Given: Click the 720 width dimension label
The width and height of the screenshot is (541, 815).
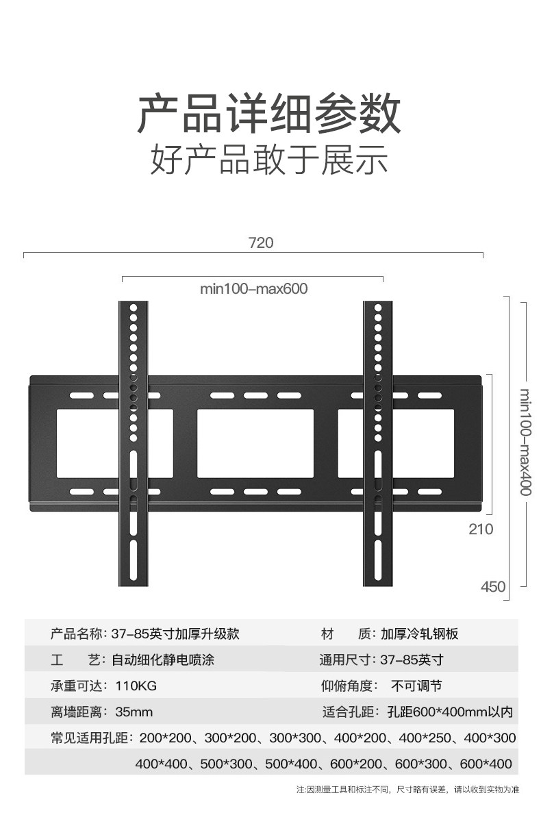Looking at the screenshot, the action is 260,243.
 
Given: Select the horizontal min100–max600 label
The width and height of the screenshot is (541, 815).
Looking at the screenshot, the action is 253,289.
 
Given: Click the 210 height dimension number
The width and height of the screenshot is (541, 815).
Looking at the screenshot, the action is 481,529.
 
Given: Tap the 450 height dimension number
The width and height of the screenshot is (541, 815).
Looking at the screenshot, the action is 493,587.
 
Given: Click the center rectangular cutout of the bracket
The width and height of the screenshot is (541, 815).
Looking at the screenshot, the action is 255,443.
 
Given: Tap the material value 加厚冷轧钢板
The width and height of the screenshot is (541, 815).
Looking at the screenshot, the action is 420,634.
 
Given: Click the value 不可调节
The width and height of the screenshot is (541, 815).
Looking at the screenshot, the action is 416,686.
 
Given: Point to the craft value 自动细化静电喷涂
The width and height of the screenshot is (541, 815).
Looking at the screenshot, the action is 167,660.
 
